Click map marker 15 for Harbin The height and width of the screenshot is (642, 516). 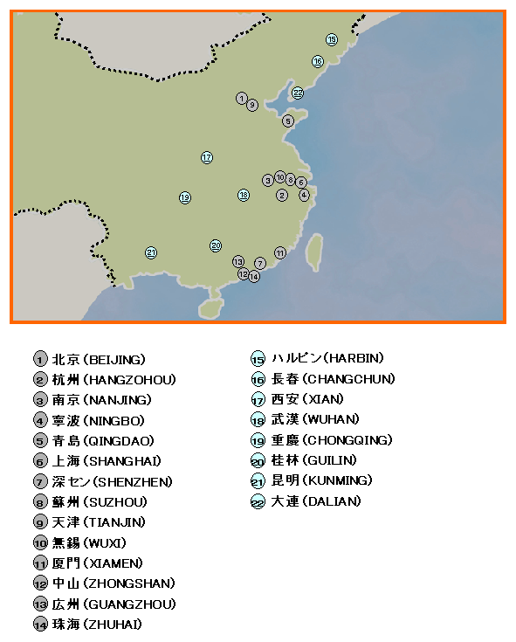(332, 39)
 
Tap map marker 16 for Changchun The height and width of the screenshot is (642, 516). (318, 61)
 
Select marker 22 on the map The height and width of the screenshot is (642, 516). (298, 93)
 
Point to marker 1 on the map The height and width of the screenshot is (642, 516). (241, 98)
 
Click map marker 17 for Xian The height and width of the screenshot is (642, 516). (207, 157)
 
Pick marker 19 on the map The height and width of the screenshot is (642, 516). (185, 197)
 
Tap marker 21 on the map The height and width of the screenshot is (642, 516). (151, 252)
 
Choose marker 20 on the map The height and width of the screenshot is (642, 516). (216, 245)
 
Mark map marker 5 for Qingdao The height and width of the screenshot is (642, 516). (288, 121)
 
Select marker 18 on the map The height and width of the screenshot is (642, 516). (244, 195)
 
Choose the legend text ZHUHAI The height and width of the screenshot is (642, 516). (111, 624)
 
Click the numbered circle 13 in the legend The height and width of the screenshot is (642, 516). (40, 604)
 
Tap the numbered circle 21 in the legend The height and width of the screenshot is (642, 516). (258, 481)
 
